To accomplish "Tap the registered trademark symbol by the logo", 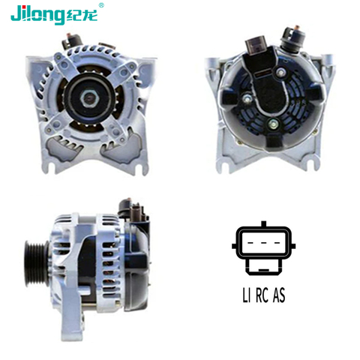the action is click(x=101, y=5).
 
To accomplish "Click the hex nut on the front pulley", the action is click(x=88, y=98).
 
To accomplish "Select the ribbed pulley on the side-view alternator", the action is click(x=37, y=263).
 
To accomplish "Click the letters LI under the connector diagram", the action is click(x=247, y=295).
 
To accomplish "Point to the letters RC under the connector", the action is click(x=262, y=295).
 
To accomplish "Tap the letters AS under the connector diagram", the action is click(x=279, y=295).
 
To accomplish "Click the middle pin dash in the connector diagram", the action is click(x=263, y=243).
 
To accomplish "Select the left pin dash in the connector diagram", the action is click(x=250, y=243).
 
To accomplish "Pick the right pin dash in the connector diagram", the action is click(x=277, y=243).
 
